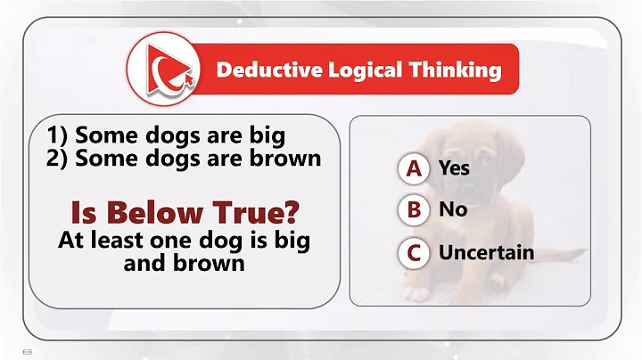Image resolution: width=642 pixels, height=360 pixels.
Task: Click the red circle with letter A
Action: tap(413, 168)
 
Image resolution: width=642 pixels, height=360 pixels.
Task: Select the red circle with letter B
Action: tap(413, 210)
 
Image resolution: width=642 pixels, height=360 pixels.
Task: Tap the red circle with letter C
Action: tap(413, 252)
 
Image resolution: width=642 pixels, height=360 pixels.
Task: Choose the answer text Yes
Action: tap(454, 168)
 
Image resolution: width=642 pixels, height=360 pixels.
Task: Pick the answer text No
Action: tap(452, 210)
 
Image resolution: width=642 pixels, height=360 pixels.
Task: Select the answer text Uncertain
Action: tap(486, 252)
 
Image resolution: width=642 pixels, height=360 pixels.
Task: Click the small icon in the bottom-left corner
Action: tap(28, 349)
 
